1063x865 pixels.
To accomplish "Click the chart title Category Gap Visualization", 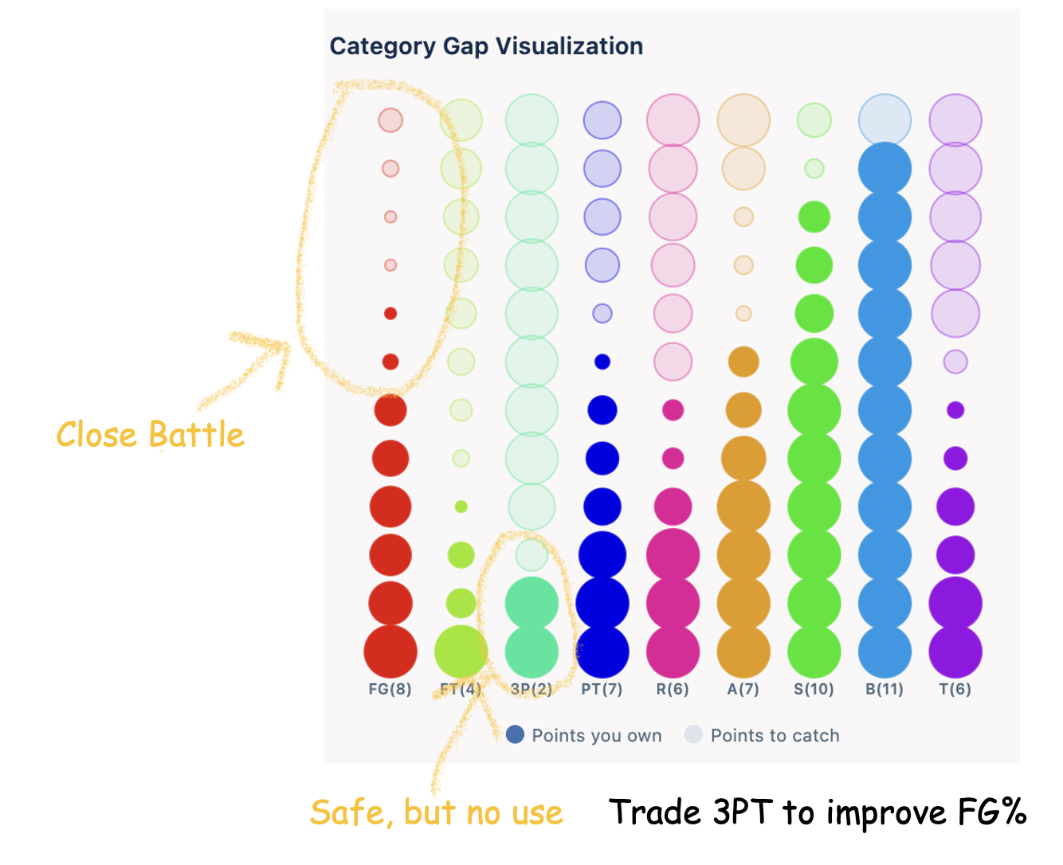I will [486, 46].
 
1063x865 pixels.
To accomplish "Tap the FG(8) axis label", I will [390, 689].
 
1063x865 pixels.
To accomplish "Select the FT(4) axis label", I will [461, 689].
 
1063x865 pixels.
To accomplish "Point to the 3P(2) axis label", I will [531, 689].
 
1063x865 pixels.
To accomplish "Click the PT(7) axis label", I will [602, 689].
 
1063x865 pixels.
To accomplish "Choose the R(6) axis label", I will [673, 689].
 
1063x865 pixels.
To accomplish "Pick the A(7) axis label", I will [743, 689].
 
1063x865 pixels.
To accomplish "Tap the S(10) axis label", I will [814, 689].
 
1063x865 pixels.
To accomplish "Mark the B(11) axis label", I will [885, 689].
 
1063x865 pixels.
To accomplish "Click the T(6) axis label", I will [955, 689].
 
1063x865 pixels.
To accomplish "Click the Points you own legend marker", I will [516, 734].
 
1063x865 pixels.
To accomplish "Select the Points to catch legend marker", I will [694, 734].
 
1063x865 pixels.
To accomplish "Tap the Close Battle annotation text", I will [150, 435].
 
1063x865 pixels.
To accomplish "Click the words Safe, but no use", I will [436, 813].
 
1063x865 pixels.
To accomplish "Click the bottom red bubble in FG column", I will [390, 652].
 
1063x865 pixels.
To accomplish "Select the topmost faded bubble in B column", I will [885, 120].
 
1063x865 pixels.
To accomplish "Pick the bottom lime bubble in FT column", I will [461, 652].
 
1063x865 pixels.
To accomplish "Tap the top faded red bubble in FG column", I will [390, 120].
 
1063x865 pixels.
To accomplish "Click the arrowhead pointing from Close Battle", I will [283, 346].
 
